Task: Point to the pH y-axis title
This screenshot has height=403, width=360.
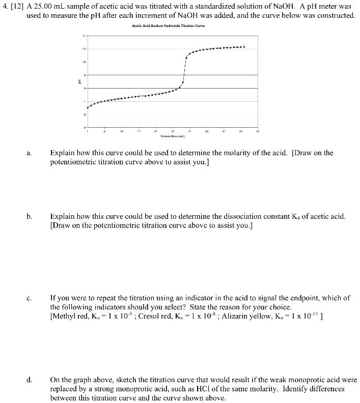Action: [x=79, y=81]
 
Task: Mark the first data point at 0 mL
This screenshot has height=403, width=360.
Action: [x=88, y=107]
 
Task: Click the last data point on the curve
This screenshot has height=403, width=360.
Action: [x=244, y=47]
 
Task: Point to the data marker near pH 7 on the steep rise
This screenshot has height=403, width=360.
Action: [x=183, y=82]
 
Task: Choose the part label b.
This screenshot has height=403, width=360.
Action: [x=30, y=216]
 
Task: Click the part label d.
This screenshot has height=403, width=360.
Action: [x=30, y=380]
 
